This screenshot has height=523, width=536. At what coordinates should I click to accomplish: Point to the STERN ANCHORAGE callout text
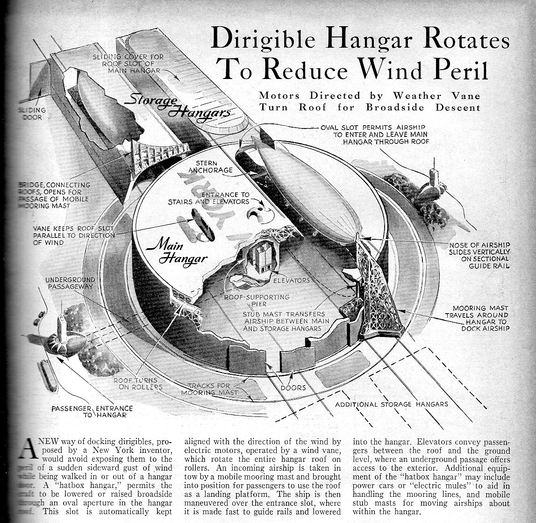tap(210, 166)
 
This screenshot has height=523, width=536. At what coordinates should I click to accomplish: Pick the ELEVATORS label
tap(291, 281)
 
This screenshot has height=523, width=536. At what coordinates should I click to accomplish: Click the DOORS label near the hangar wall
tap(293, 387)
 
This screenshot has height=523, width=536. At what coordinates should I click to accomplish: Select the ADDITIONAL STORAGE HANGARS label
tap(392, 404)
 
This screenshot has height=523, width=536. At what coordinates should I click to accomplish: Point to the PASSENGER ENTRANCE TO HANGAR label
tap(92, 411)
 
